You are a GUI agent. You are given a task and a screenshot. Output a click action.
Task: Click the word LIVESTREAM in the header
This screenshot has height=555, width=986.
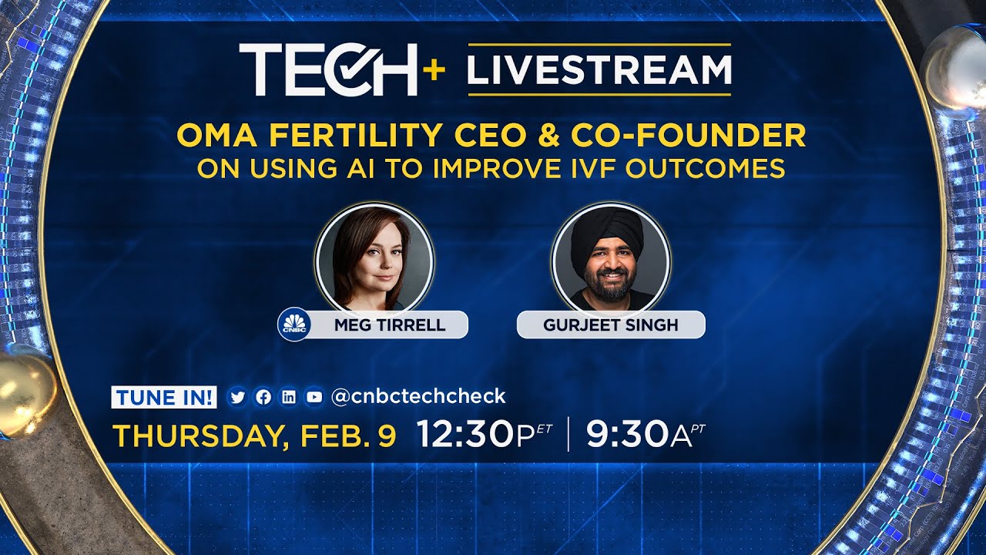pos(599,69)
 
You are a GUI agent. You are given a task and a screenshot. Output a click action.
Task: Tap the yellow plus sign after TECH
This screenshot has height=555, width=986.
pos(434,70)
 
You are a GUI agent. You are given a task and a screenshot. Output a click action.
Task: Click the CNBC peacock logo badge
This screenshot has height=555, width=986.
pos(293,325)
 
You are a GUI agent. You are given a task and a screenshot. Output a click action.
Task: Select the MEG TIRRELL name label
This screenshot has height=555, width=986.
pos(390,325)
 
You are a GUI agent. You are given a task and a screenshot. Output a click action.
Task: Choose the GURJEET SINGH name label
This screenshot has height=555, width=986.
pos(611,325)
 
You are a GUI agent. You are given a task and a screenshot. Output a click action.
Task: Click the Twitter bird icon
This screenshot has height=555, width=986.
pos(237,397)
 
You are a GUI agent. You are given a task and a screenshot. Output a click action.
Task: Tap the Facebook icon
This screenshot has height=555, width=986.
pos(263,397)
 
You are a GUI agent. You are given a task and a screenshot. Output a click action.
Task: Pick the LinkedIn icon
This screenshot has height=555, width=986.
pos(289,397)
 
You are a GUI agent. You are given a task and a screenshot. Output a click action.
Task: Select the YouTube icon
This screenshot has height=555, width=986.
pos(314,397)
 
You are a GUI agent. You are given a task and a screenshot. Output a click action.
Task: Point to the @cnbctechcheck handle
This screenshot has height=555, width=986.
pos(418,396)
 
